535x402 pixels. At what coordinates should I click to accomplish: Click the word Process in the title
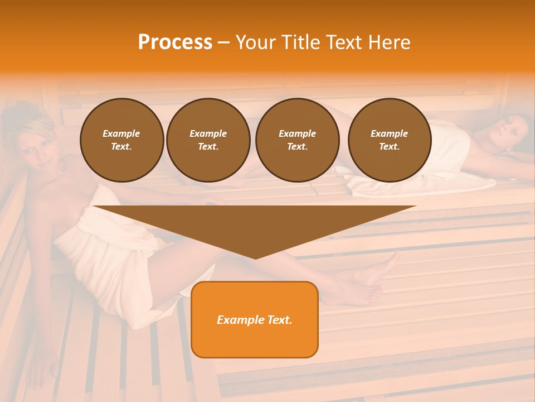[x=175, y=42]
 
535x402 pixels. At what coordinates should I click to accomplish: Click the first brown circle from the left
[x=121, y=140]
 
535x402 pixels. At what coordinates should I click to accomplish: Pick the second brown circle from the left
[x=208, y=140]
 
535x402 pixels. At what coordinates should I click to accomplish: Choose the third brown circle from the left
[x=297, y=140]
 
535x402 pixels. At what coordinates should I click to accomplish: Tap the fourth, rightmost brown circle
[x=389, y=140]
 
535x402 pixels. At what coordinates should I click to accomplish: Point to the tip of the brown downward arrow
[x=255, y=257]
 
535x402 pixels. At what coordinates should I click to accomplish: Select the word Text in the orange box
[x=279, y=320]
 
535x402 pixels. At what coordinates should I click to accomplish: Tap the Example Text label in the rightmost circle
[x=389, y=140]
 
